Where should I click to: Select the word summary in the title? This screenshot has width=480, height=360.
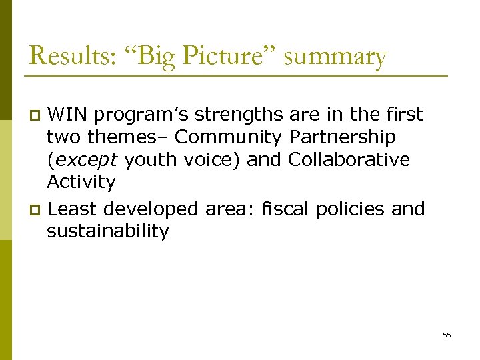(335, 56)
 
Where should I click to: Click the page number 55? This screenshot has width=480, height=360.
(447, 335)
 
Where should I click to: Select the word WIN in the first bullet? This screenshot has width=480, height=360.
(68, 115)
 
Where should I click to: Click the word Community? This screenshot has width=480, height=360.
(228, 137)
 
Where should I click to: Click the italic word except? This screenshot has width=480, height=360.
(85, 160)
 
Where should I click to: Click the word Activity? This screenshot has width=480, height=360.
(81, 182)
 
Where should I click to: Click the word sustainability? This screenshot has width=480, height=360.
(108, 231)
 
